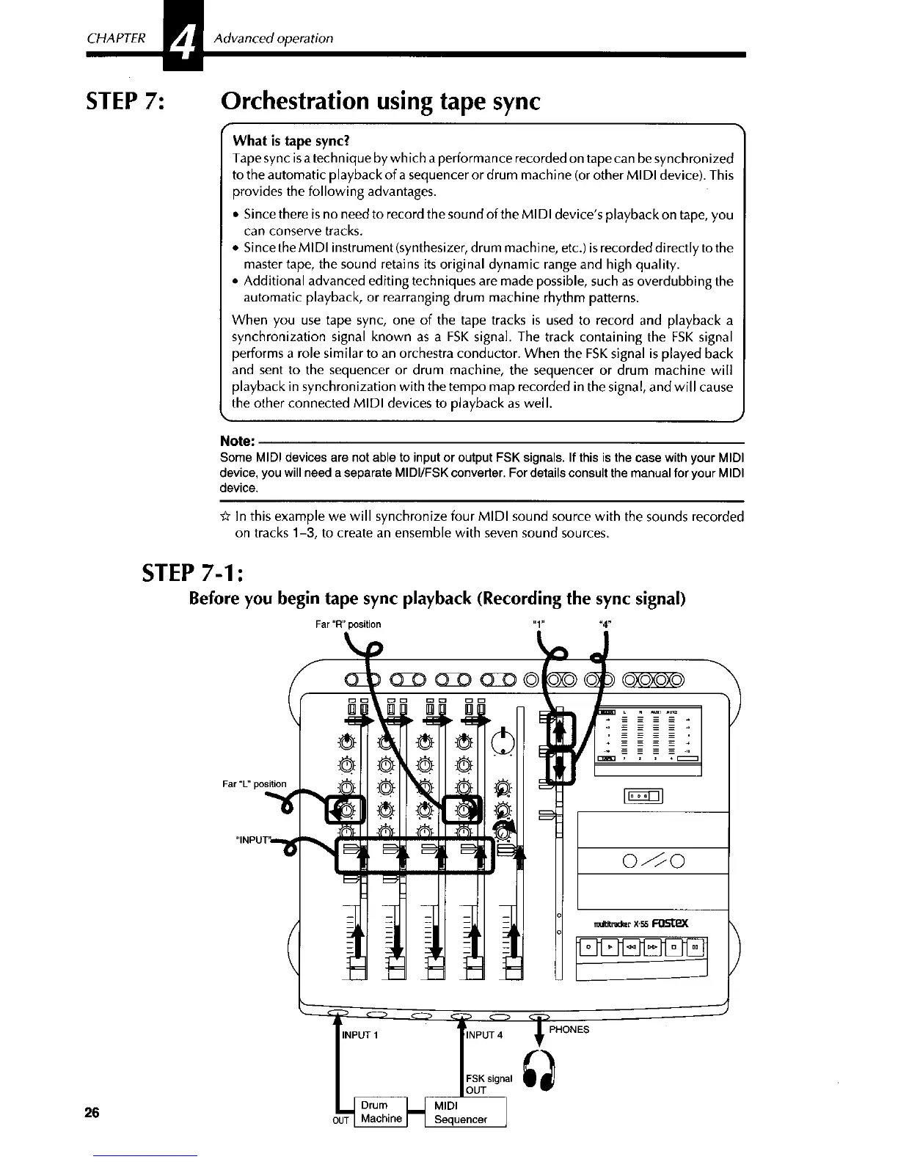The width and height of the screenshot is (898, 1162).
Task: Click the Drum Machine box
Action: (381, 1111)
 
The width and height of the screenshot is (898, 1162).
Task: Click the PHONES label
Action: (569, 1029)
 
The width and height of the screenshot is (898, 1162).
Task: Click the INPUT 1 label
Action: (359, 1035)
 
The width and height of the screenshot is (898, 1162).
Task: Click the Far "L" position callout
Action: (254, 783)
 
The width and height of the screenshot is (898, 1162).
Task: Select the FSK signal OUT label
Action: (489, 1084)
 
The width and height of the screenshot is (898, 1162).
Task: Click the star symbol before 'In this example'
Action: (225, 516)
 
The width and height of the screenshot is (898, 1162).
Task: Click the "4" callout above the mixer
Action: (605, 624)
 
